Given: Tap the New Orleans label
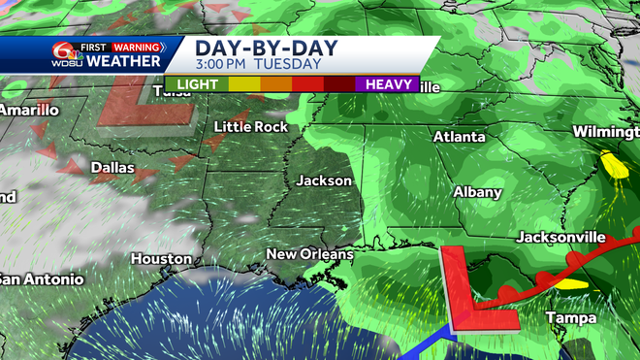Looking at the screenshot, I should pos(310,254).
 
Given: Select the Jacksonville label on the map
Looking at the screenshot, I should pos(561,237).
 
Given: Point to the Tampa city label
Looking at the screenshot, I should pos(570,317).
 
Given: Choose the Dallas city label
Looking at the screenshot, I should pos(112,167).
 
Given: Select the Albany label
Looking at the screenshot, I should pos(478,192).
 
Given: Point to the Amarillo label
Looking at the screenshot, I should pos(29,110).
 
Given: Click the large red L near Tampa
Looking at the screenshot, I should pos(472,289).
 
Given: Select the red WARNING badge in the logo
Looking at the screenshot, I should pos(137,46).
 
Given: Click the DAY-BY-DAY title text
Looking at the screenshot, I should pos(257,47).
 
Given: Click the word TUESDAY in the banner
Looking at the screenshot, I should pos(290,64).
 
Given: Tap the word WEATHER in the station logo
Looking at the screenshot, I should pos(124,61).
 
